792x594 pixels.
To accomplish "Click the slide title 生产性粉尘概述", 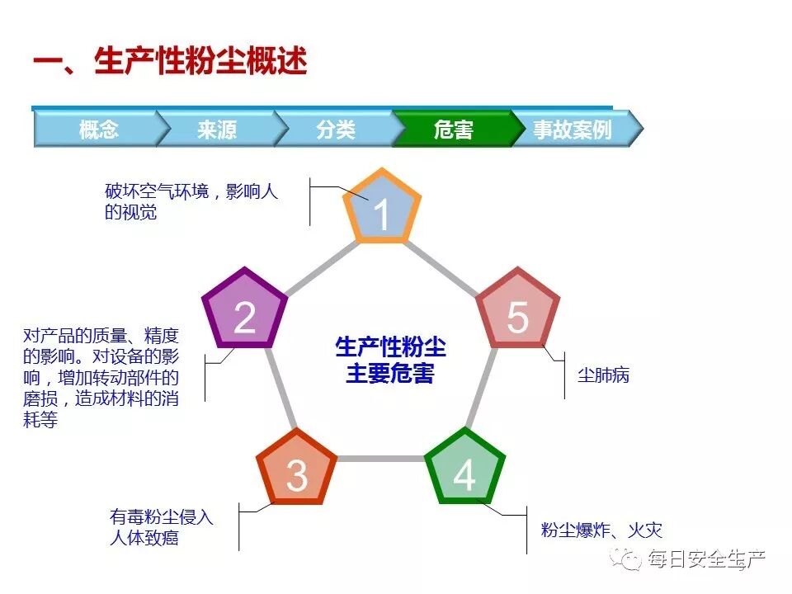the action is click(x=169, y=61).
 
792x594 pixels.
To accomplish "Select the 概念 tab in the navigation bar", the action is click(x=98, y=130).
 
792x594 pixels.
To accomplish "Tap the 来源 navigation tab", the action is click(x=217, y=130).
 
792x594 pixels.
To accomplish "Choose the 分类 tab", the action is click(x=335, y=130).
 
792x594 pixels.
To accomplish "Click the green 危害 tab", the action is click(x=453, y=130).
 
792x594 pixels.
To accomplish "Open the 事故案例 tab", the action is click(x=572, y=130).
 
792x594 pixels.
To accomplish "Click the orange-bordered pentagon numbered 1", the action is click(x=381, y=210).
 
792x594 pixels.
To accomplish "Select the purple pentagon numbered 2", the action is click(x=244, y=312).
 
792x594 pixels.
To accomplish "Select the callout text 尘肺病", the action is click(x=603, y=375).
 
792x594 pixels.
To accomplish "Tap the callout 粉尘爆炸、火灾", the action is click(x=601, y=530).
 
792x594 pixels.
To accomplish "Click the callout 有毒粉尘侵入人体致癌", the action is click(x=162, y=528).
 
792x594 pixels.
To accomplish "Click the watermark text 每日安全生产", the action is click(x=706, y=559).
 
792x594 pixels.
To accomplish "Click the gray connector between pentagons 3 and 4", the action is click(x=380, y=458).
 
